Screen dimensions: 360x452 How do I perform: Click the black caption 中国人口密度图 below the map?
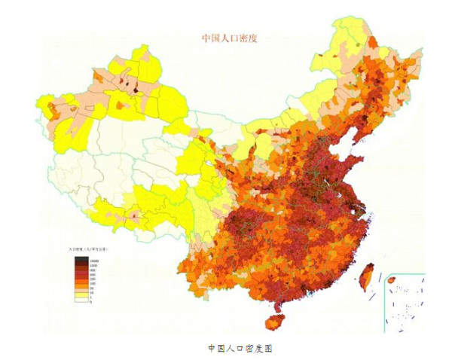tap(239, 348)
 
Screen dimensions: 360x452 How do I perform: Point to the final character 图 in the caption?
tap(266, 348)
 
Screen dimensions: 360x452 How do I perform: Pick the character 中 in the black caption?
tap(212, 348)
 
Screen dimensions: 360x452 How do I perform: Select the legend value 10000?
tap(94, 260)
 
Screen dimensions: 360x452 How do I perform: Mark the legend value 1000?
tap(93, 264)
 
